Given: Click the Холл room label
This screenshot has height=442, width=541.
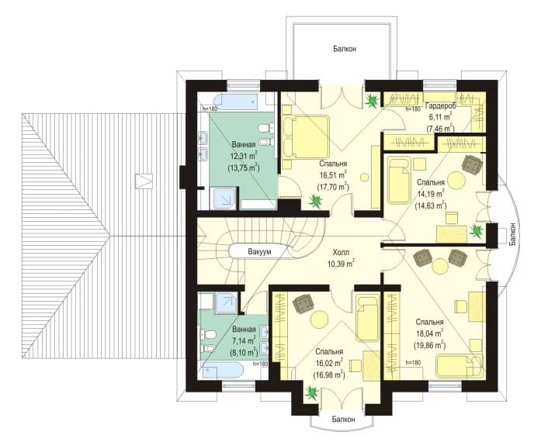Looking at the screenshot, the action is (341, 252).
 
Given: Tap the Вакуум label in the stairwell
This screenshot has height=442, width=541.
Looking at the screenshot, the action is (259, 252).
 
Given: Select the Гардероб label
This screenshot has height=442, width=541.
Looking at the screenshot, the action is (441, 105).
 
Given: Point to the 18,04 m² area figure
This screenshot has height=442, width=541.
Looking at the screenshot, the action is (429, 333).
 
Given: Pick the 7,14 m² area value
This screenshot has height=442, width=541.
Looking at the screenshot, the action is (244, 340).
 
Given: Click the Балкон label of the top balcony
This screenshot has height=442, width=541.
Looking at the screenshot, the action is (345, 49).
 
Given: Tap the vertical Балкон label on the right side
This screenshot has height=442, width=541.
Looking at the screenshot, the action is (513, 234).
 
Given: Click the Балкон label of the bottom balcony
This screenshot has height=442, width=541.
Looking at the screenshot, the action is (343, 420).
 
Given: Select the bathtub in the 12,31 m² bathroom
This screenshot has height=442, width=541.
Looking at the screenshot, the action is (236, 102).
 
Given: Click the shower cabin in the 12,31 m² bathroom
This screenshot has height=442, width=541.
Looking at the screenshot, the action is (224, 199).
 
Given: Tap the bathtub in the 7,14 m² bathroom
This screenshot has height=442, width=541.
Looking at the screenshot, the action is (223, 371).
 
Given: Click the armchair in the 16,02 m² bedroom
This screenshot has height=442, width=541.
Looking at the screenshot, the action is (303, 304).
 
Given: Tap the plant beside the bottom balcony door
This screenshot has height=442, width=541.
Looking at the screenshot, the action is (312, 392).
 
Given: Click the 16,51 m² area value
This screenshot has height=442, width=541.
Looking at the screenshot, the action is (333, 175).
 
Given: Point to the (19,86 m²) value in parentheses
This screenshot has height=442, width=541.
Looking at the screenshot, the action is (429, 345).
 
